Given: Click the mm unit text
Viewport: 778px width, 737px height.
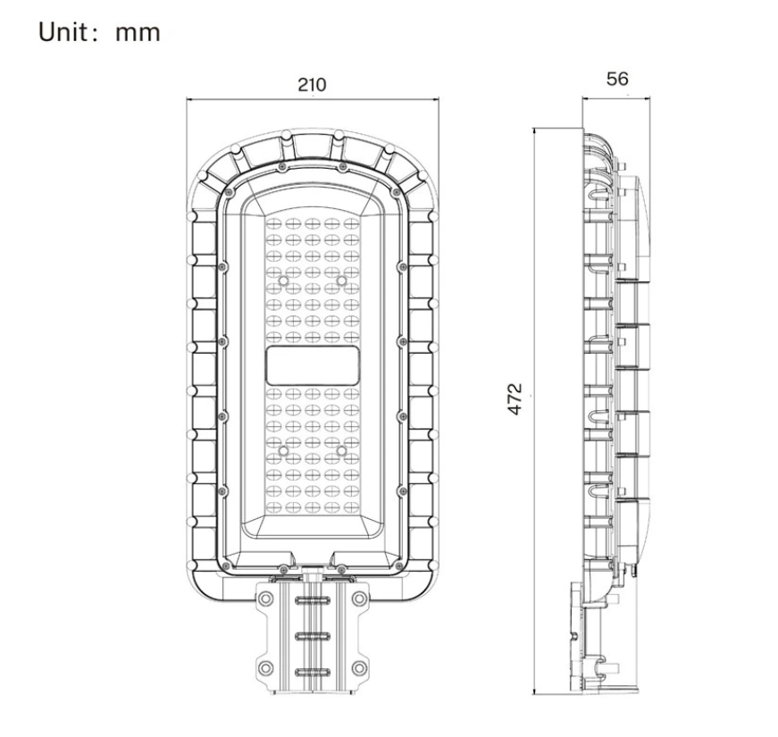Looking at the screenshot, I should [138, 33].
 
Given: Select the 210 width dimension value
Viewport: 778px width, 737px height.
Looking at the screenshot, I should [312, 85].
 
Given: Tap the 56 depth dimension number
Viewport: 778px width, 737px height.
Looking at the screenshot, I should [617, 79].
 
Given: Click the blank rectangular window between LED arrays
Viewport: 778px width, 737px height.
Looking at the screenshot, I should [312, 366].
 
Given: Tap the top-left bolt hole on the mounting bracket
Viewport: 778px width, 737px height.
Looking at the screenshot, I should [265, 599].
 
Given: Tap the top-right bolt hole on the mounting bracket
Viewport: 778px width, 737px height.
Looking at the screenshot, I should [359, 599].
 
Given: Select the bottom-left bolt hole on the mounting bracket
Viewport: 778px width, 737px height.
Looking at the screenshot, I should [265, 668].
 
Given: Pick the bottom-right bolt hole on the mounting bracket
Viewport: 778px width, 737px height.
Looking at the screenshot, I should [359, 668].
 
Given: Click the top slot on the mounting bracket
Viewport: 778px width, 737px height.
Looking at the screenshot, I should [312, 599].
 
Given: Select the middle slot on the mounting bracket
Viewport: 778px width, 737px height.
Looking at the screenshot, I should [312, 635].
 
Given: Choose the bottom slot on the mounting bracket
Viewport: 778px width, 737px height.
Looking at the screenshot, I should [312, 672].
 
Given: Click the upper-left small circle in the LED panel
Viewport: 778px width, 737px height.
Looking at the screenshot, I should [283, 281].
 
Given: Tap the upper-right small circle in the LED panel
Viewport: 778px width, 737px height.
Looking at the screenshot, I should [341, 281].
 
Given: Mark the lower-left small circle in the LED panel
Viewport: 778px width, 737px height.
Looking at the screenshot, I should [283, 451].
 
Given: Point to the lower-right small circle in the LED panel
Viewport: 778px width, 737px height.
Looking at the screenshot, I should [341, 451].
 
